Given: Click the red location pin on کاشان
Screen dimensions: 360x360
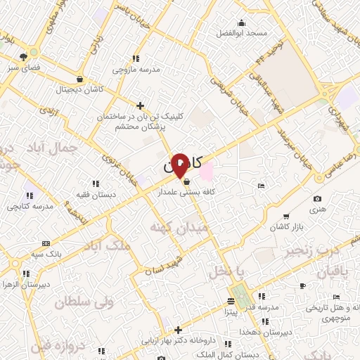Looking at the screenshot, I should point(179,165).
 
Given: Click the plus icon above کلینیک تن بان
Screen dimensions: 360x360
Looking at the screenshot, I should point(141,105).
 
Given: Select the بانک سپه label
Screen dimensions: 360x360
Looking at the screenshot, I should point(47,252).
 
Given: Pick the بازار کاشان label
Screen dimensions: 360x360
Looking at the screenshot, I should point(287,228).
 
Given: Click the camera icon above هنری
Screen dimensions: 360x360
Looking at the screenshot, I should point(318,200).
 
